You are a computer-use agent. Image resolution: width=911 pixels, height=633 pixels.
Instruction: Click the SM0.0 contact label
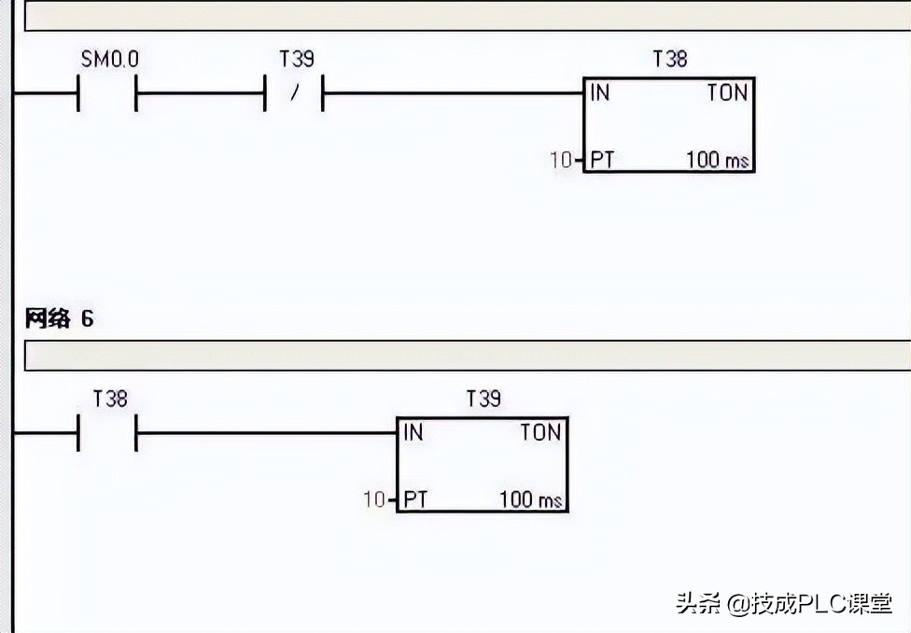tap(110, 60)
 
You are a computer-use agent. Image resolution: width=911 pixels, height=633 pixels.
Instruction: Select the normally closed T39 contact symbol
tap(294, 94)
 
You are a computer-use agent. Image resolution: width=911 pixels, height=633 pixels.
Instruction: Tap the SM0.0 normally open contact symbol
tap(107, 94)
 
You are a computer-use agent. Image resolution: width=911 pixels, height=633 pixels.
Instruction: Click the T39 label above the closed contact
tap(297, 60)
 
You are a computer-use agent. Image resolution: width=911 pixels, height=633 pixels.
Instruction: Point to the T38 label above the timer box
tap(669, 60)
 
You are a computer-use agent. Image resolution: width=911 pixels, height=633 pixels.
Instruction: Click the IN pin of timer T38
tap(599, 92)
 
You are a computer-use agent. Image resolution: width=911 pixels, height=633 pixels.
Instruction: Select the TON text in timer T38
tap(726, 92)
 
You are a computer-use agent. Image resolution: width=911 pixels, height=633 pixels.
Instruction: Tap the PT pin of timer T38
tap(602, 160)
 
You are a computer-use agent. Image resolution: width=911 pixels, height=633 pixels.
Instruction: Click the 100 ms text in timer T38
tap(718, 160)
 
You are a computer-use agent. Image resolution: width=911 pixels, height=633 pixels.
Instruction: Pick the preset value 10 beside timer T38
tap(560, 160)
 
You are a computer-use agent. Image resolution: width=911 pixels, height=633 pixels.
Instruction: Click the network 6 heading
tap(60, 318)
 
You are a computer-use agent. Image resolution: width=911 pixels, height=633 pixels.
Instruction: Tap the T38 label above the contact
tap(110, 400)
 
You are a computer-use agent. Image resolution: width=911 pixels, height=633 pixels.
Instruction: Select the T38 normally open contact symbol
tap(107, 434)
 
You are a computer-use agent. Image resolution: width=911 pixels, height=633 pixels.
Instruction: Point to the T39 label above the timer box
tap(484, 400)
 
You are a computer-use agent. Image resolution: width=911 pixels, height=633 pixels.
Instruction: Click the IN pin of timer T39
tap(413, 432)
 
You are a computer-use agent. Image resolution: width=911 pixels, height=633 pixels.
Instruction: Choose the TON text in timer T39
tap(540, 432)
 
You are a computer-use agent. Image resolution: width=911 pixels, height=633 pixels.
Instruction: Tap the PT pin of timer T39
tap(415, 499)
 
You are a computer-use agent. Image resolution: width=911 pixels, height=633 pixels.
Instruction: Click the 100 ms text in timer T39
tap(531, 499)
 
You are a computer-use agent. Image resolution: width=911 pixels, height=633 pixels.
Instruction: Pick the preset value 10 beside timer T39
tap(373, 499)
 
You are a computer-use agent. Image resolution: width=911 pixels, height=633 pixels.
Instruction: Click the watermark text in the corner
tap(784, 604)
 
